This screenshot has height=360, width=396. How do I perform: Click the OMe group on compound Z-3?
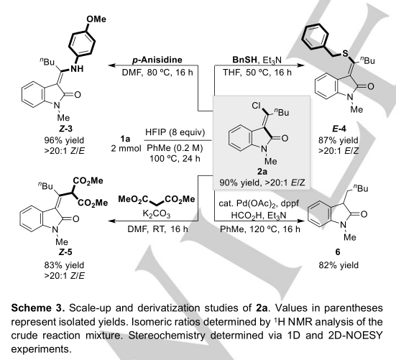coord(96,19)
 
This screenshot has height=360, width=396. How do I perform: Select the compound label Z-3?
coord(65,129)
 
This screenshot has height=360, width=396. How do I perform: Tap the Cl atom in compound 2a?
coord(256,106)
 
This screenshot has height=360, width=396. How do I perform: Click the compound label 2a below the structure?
coord(262,172)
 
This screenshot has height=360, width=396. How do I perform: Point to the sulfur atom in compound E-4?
coord(345,53)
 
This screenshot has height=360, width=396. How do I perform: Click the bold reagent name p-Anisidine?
coord(157,60)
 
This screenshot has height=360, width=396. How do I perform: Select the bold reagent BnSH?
coord(244,60)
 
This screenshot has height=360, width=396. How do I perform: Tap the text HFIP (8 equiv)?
coord(175,132)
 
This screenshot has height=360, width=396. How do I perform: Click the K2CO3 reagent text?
coord(157,214)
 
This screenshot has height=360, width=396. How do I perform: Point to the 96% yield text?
coord(64,140)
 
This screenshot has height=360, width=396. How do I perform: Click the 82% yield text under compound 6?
coord(339,265)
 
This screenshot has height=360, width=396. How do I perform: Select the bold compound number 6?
coord(338,252)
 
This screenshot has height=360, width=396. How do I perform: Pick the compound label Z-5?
coord(65,252)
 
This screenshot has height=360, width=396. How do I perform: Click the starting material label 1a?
coord(125,139)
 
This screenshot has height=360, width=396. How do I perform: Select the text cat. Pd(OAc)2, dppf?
coord(259,203)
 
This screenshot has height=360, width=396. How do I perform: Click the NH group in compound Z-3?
coord(77,69)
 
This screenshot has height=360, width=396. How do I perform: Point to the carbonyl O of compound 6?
coord(364,214)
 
